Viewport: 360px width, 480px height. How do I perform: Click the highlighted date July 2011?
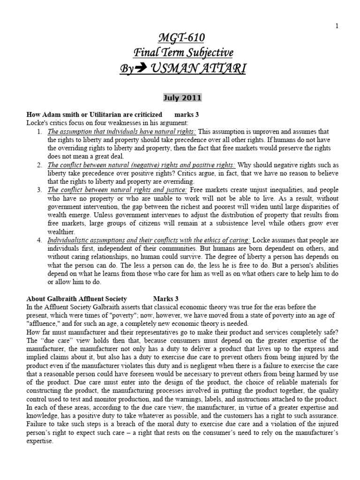182,97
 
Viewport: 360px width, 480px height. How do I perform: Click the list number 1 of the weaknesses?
39,132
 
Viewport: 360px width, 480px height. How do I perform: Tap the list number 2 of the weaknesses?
39,165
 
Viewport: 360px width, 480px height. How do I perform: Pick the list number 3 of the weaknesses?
39,189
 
